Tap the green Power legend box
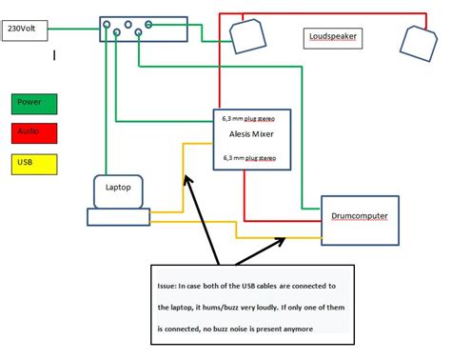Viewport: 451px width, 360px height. pos(34,103)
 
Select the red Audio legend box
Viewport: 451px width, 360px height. pos(34,133)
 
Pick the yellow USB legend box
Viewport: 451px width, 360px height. pos(34,165)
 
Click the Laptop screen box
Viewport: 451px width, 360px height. pos(118,190)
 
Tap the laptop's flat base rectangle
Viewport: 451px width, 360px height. pos(118,217)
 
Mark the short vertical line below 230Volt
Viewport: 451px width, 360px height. pos(54,55)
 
